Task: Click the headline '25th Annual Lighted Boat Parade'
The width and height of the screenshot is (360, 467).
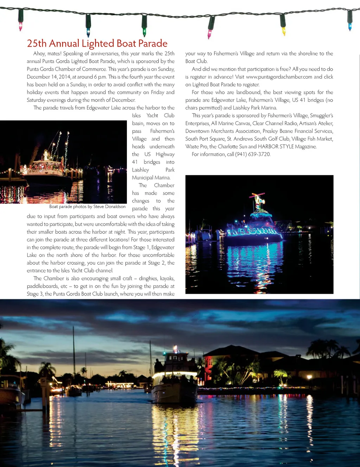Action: click(97, 44)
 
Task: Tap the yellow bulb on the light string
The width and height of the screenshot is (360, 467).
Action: click(283, 31)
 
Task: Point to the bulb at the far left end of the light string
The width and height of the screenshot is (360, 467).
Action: click(20, 26)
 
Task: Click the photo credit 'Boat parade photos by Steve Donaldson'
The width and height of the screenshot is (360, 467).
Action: click(87, 207)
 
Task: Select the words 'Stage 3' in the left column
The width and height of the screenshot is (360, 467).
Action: click(34, 294)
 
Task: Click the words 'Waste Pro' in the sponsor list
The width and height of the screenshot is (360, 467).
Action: click(196, 147)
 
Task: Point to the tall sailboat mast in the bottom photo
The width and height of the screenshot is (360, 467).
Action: click(74, 355)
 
